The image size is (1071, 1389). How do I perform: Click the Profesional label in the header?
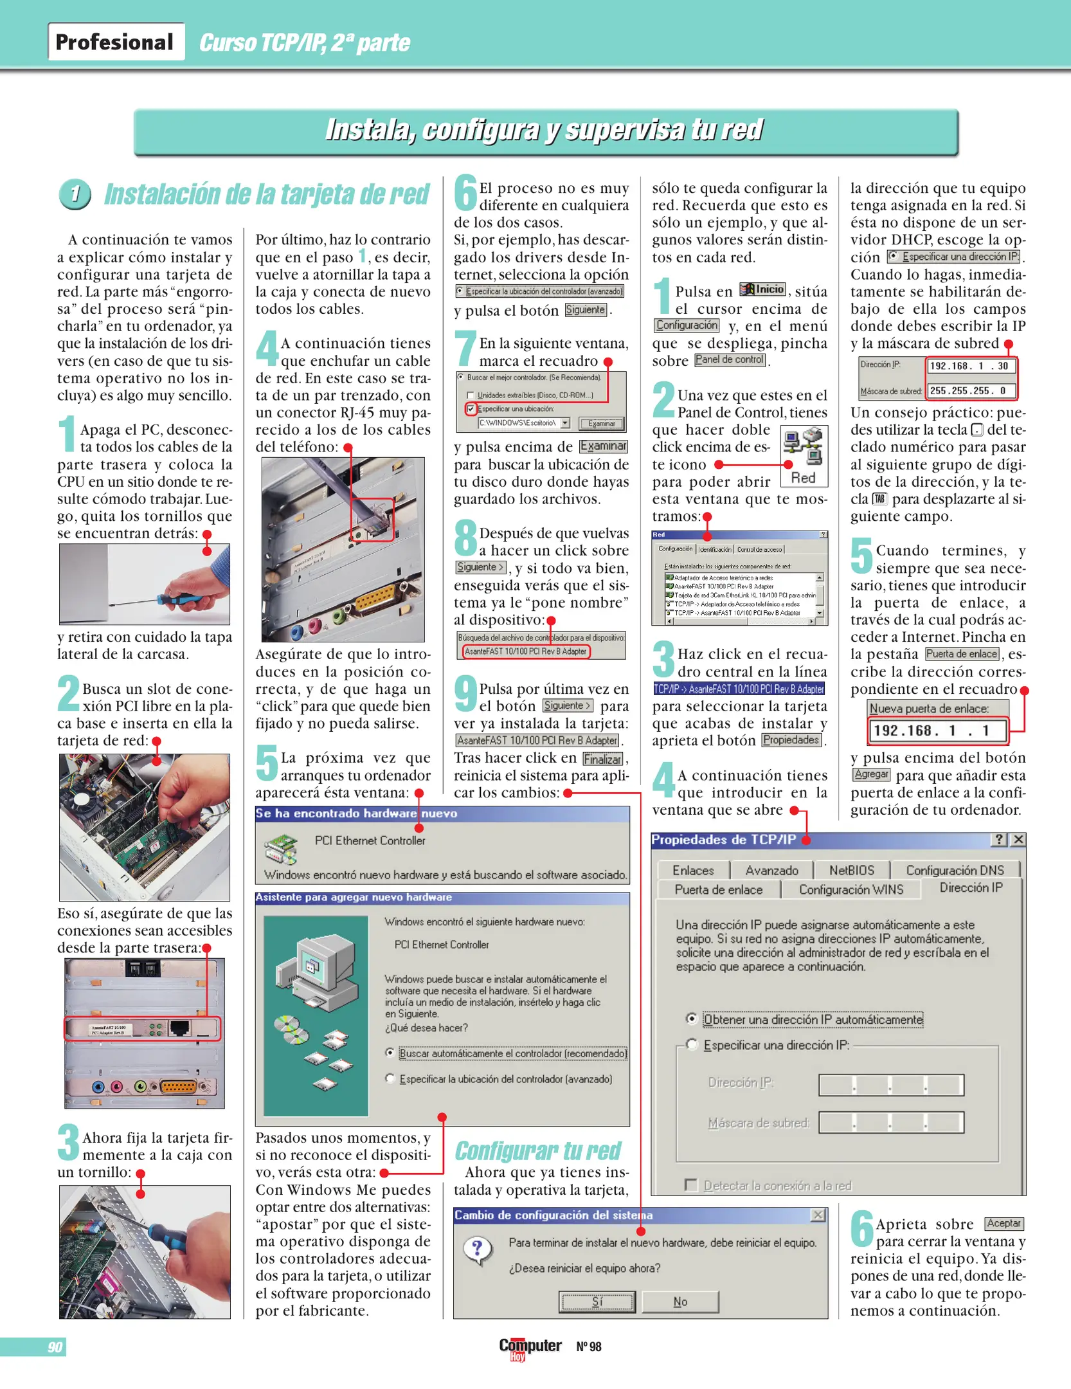tap(114, 42)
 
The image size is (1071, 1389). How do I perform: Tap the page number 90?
tap(55, 1347)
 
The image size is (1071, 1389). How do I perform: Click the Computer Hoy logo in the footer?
tap(530, 1347)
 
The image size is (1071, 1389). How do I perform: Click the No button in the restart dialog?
tap(679, 1302)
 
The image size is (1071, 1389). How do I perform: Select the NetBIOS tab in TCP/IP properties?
tap(851, 870)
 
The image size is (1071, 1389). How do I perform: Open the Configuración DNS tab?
tap(955, 870)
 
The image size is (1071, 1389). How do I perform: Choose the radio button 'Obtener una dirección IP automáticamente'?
tap(692, 1019)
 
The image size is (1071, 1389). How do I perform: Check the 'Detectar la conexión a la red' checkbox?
tap(691, 1185)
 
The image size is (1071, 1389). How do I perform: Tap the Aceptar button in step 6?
tap(1004, 1224)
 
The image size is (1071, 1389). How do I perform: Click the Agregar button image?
tap(871, 774)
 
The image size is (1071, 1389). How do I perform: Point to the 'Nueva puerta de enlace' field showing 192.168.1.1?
tap(937, 731)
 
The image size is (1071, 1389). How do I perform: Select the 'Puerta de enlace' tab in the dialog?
tap(718, 889)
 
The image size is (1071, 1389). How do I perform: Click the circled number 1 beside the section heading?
tap(75, 194)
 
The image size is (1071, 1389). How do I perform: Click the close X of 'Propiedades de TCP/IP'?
tap(1018, 839)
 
